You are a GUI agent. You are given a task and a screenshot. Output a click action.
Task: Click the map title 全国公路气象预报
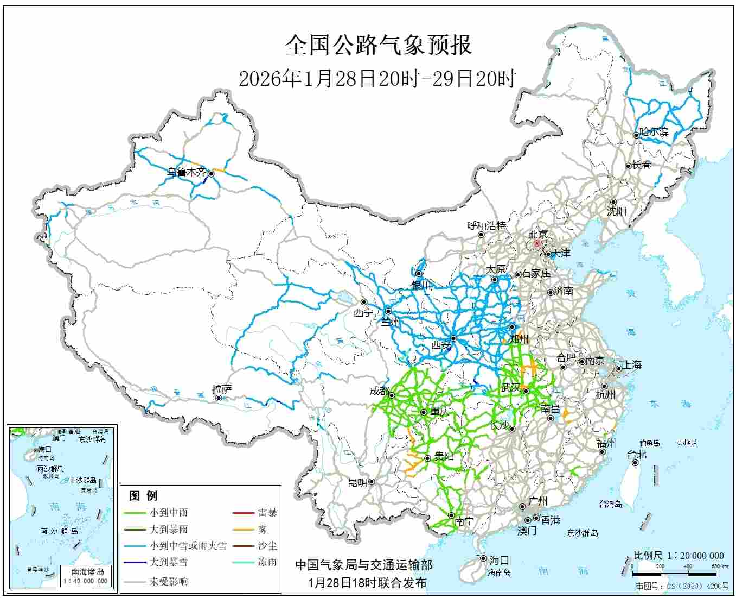(378, 45)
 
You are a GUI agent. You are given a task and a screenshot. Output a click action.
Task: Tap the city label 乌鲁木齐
(186, 172)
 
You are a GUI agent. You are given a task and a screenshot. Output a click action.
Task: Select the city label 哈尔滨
(654, 132)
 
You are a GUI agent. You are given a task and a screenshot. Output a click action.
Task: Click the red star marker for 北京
(537, 244)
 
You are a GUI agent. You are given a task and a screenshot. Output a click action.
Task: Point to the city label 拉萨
(222, 389)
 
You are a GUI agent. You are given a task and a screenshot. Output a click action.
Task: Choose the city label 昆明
(357, 482)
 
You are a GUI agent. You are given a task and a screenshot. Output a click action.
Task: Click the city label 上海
(632, 365)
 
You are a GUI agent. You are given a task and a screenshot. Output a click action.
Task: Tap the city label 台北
(637, 455)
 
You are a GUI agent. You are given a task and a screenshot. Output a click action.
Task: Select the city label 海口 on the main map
(499, 560)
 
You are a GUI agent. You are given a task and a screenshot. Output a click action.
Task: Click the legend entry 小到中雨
(169, 512)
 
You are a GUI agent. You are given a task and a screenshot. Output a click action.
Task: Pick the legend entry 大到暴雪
(169, 562)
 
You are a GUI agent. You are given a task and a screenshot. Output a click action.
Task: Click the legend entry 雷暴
(267, 512)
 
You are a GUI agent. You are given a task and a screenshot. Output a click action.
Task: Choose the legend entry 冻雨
(267, 562)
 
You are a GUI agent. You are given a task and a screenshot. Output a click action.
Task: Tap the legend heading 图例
(143, 495)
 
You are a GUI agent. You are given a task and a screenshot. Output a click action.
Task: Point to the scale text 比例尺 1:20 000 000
(679, 556)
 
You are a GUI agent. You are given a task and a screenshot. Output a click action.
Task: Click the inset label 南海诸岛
(87, 571)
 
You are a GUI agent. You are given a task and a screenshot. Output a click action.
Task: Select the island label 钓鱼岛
(649, 443)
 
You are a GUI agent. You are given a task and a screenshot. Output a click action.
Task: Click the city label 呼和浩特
(487, 226)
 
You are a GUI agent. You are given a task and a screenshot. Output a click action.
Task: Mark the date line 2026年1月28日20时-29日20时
(377, 79)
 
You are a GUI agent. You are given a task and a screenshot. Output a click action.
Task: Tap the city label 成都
(379, 391)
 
